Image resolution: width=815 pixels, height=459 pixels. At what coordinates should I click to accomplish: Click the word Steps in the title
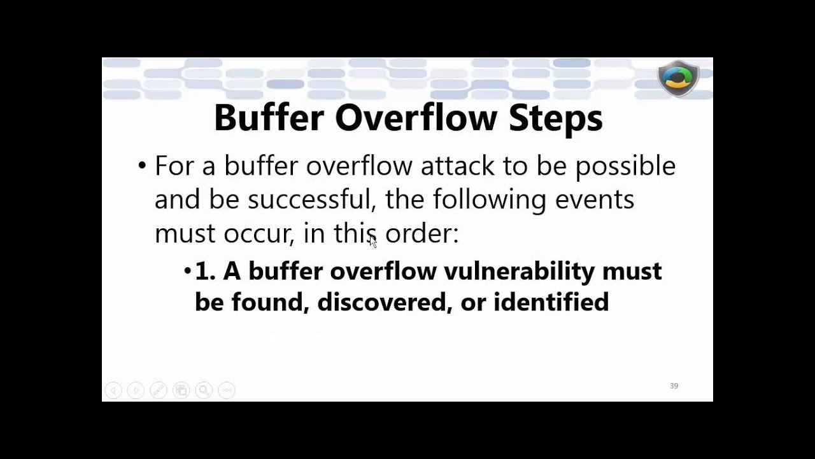click(x=555, y=119)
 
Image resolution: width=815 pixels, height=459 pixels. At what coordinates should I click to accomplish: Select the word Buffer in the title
click(x=269, y=117)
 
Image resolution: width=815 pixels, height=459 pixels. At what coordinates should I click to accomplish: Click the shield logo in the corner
click(x=678, y=78)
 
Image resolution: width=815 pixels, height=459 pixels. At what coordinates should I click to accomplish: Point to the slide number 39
click(x=674, y=386)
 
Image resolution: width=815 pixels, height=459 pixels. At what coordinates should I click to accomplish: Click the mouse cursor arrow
click(x=372, y=241)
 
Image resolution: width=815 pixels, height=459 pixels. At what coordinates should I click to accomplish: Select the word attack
click(x=457, y=166)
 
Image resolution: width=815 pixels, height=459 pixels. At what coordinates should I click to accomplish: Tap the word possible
click(x=625, y=166)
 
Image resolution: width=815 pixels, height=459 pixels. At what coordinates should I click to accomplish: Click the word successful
click(x=309, y=200)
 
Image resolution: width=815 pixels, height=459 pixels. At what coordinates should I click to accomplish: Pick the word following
click(x=489, y=200)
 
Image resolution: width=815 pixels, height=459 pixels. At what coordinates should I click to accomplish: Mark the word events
click(x=594, y=200)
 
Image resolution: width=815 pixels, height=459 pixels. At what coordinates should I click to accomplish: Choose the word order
click(x=421, y=234)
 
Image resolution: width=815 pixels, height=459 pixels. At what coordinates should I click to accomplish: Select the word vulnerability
click(x=519, y=272)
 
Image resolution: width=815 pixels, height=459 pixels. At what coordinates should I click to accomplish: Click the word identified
click(x=551, y=302)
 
